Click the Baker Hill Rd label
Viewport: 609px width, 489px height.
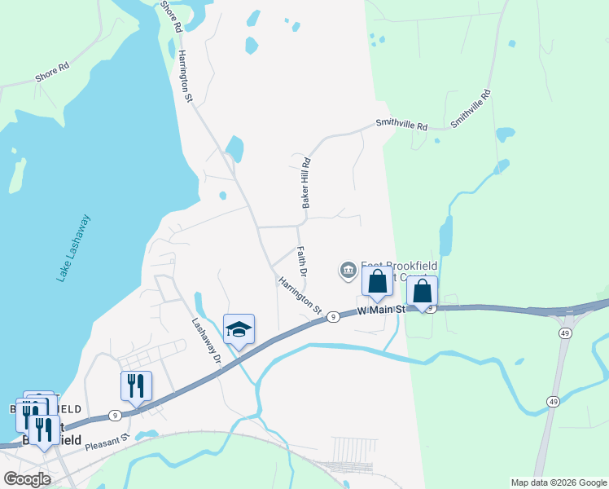click(x=307, y=183)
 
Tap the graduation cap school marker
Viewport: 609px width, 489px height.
click(x=239, y=329)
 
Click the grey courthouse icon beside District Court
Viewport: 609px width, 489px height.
click(x=348, y=270)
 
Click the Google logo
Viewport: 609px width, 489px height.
click(x=27, y=479)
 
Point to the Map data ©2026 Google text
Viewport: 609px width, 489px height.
click(x=558, y=482)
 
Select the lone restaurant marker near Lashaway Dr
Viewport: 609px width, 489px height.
click(x=136, y=385)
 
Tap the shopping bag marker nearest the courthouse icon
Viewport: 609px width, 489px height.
click(x=377, y=283)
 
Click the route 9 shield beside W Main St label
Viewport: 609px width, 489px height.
click(x=333, y=316)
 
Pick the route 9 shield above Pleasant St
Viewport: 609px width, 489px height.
click(x=115, y=416)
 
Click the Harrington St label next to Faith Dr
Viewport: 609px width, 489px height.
click(x=300, y=296)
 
